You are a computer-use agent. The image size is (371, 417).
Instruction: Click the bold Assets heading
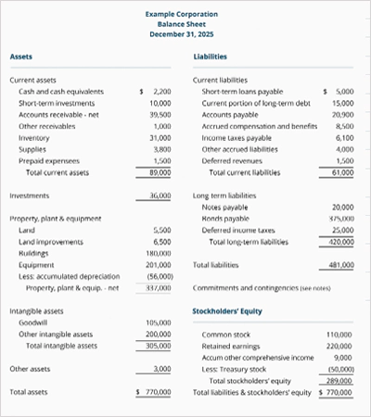click(20, 57)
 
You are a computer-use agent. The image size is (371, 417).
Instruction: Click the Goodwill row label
click(35, 322)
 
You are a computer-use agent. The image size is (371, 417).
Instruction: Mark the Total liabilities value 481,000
click(340, 265)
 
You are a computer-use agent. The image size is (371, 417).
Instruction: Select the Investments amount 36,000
click(160, 196)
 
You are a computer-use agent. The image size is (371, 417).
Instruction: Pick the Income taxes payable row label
click(239, 137)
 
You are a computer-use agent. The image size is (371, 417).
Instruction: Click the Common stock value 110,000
click(340, 333)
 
